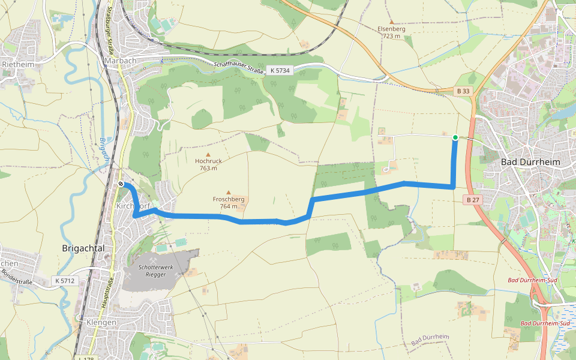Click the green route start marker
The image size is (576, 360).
click(455, 137)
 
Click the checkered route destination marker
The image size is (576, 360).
click(121, 184)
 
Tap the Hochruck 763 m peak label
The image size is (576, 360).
click(208, 164)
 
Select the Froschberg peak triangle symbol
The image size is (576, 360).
click(228, 193)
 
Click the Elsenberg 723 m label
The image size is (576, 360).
click(391, 32)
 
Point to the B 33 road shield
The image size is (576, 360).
click(463, 91)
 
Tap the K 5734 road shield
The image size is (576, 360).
click(280, 70)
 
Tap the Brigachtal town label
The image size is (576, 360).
click(83, 248)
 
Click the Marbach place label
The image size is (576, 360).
click(120, 61)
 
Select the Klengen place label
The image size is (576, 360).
click(101, 322)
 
